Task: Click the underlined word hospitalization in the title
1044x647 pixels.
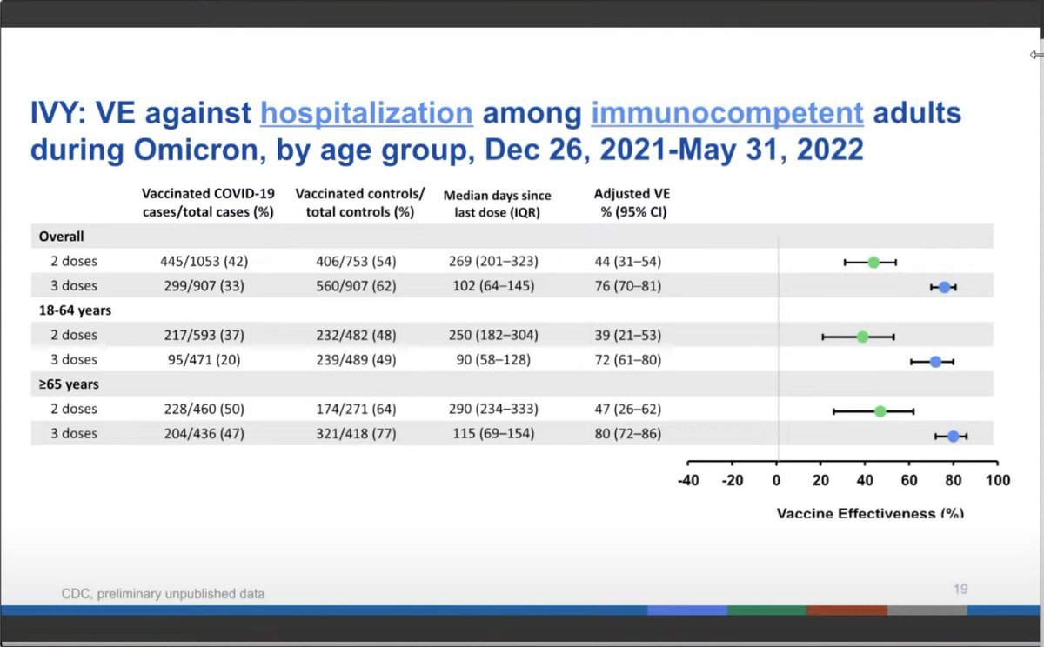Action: click(x=366, y=114)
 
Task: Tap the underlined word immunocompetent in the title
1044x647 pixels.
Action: click(x=727, y=114)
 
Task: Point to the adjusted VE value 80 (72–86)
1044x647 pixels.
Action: click(x=627, y=433)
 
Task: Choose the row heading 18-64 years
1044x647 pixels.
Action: click(x=75, y=310)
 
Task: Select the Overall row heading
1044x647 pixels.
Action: click(x=61, y=236)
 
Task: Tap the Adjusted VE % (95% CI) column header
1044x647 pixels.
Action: click(x=630, y=203)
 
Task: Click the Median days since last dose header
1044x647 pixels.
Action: click(x=497, y=203)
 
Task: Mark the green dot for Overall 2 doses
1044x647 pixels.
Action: click(x=873, y=262)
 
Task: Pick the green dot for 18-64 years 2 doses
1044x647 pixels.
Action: click(x=862, y=337)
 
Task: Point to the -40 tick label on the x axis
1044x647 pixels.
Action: click(x=687, y=481)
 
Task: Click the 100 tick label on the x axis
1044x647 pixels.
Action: click(x=997, y=481)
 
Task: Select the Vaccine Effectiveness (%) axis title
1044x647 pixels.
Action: click(x=869, y=513)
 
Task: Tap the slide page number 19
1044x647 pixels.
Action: click(x=960, y=589)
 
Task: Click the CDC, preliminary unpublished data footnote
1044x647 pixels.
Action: click(x=163, y=594)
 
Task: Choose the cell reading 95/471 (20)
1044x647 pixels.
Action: click(x=199, y=359)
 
